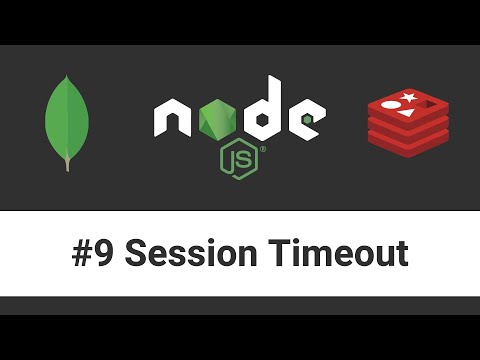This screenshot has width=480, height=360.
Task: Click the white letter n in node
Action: tap(173, 121)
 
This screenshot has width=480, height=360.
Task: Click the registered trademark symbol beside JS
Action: tap(262, 149)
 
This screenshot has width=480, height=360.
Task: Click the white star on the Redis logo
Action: tap(408, 98)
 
